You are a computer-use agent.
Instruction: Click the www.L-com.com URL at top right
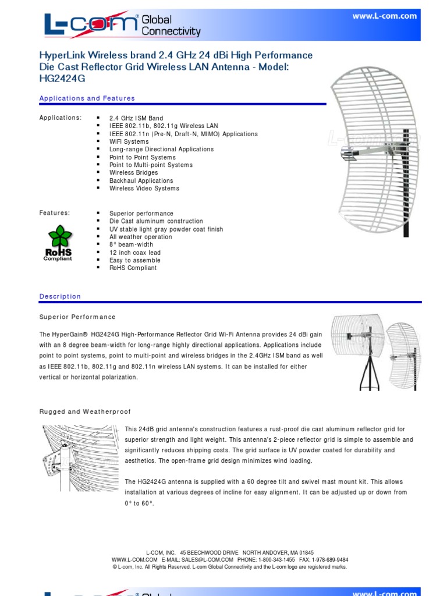[x=384, y=16]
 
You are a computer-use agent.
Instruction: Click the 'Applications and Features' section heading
[x=87, y=98]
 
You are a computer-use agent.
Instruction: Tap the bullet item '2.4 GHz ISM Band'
[x=136, y=118]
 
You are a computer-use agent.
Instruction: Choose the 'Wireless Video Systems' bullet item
[x=144, y=189]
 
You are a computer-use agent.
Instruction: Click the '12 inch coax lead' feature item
[x=135, y=253]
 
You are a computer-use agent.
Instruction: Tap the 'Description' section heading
[x=60, y=296]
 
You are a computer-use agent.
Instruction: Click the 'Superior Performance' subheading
[x=77, y=317]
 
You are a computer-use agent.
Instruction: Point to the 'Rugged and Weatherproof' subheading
[x=85, y=411]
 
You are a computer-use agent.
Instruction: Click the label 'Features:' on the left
[x=54, y=214]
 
